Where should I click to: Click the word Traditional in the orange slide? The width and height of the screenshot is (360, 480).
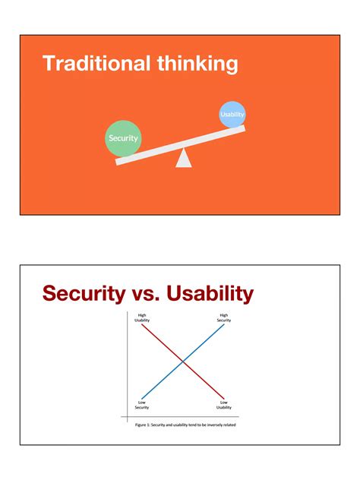point(96,63)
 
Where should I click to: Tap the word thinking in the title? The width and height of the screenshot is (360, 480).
point(197,64)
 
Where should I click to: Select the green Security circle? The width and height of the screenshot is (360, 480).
point(123,138)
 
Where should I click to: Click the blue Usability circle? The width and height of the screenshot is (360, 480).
point(232,115)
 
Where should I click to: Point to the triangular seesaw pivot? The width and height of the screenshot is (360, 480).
point(184,158)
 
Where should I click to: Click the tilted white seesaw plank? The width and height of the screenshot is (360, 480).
point(180,145)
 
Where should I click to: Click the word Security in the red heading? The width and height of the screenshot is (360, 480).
point(84,294)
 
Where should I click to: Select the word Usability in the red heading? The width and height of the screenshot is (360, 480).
point(210,294)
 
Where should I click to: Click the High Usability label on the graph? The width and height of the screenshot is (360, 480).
point(142,317)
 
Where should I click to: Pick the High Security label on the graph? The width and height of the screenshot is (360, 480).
point(224,317)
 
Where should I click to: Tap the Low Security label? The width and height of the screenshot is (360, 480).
point(142,405)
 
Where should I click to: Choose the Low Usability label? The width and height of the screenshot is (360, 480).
point(224,405)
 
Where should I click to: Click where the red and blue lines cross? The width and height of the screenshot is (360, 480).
point(183,362)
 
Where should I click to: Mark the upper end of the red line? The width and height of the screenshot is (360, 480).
point(142,324)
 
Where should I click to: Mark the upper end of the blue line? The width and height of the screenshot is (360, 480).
point(224,324)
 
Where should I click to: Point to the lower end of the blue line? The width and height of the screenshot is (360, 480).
point(142,399)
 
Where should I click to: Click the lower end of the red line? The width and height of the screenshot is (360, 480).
point(224,399)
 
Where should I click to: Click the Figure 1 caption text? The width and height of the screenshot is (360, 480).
point(185,425)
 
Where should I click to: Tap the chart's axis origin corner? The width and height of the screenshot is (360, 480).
point(128,417)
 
